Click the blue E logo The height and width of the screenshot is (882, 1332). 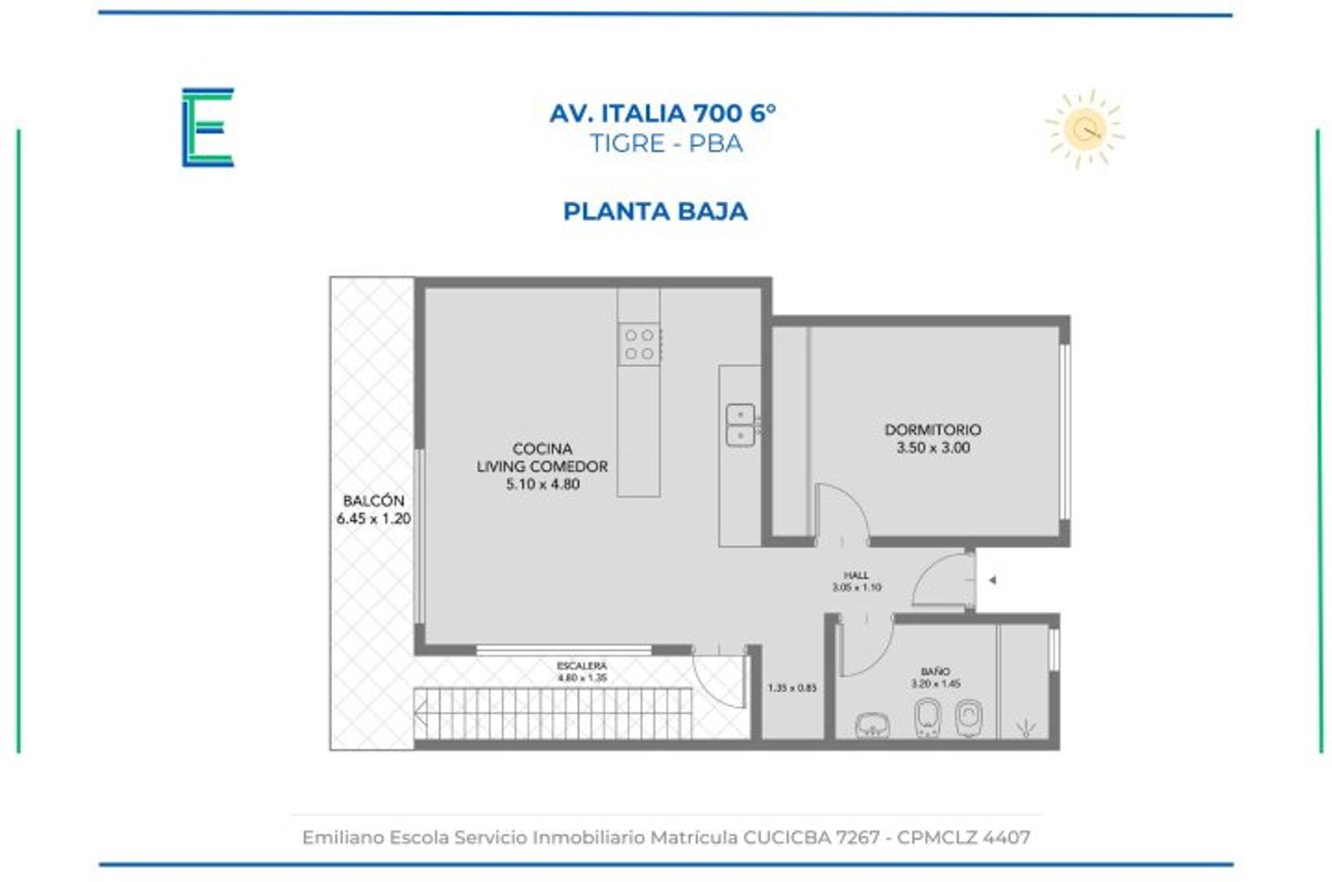pyautogui.click(x=208, y=127)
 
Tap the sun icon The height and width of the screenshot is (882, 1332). pyautogui.click(x=1085, y=129)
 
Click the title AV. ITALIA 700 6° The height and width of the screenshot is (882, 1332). pyautogui.click(x=663, y=113)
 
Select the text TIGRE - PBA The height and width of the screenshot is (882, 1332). pyautogui.click(x=666, y=144)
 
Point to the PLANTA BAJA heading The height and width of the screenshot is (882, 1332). pyautogui.click(x=655, y=212)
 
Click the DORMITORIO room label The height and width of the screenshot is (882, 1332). pyautogui.click(x=932, y=430)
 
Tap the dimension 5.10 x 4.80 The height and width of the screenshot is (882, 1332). pyautogui.click(x=543, y=484)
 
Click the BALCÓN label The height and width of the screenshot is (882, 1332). pyautogui.click(x=373, y=501)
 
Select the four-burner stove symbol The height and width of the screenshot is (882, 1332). pyautogui.click(x=639, y=345)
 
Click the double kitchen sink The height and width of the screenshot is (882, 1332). pyautogui.click(x=740, y=425)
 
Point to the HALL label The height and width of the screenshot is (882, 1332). pyautogui.click(x=856, y=576)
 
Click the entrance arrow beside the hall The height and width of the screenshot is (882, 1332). pyautogui.click(x=992, y=581)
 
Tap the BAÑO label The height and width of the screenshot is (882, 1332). pyautogui.click(x=936, y=671)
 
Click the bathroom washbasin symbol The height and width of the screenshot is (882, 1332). pyautogui.click(x=872, y=724)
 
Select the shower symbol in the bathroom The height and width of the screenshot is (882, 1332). pyautogui.click(x=1025, y=726)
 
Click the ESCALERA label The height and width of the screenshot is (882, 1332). pyautogui.click(x=582, y=666)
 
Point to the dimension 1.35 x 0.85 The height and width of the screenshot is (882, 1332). pyautogui.click(x=792, y=688)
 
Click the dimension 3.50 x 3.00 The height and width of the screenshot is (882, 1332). pyautogui.click(x=932, y=448)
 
